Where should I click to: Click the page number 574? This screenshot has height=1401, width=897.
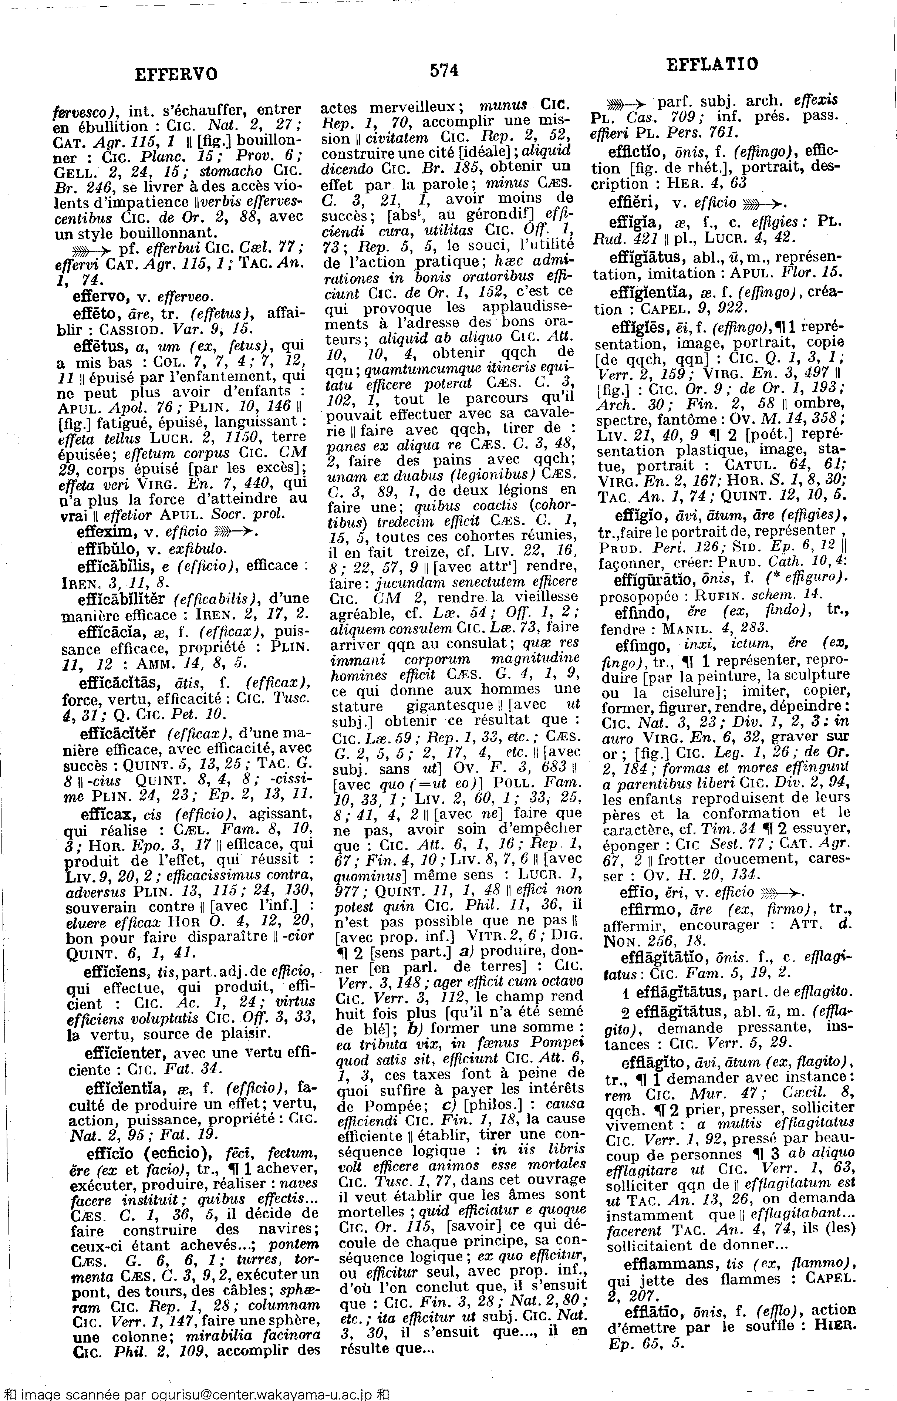click(x=444, y=71)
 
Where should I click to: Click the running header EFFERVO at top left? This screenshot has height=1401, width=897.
click(x=176, y=75)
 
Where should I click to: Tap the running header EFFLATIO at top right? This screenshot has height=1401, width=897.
click(x=712, y=64)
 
